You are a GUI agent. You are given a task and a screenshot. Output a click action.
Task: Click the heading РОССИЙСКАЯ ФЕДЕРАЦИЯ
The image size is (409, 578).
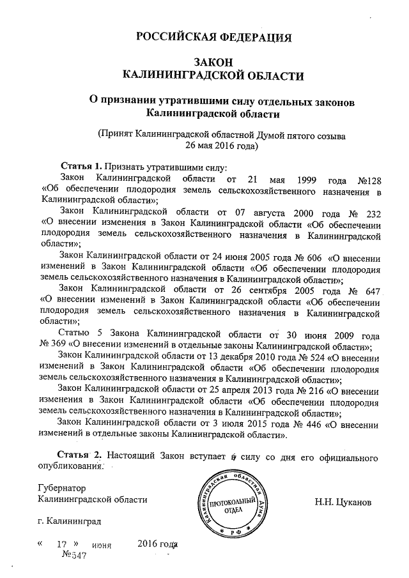click(215, 36)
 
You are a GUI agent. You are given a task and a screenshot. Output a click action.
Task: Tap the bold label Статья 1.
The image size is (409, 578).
click(81, 165)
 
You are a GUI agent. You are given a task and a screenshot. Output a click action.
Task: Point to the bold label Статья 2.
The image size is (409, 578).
click(79, 457)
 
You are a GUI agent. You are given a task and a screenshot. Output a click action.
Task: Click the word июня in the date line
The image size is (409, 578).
click(102, 546)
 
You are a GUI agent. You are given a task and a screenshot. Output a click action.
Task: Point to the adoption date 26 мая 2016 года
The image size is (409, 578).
click(221, 145)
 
